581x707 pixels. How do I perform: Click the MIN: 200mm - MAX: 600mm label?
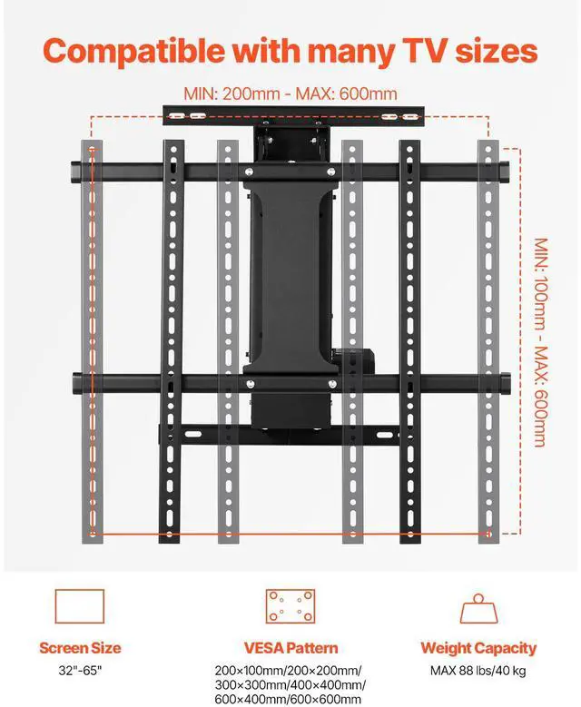pos(290,93)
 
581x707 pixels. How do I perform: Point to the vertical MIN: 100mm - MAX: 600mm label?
pos(539,342)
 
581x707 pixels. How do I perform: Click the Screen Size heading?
pos(80,648)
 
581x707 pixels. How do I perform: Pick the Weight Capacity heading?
pos(478,648)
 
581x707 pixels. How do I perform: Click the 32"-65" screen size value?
pos(80,672)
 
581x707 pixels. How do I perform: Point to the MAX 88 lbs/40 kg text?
pos(478,672)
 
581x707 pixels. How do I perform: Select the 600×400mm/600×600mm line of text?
pos(289,699)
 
